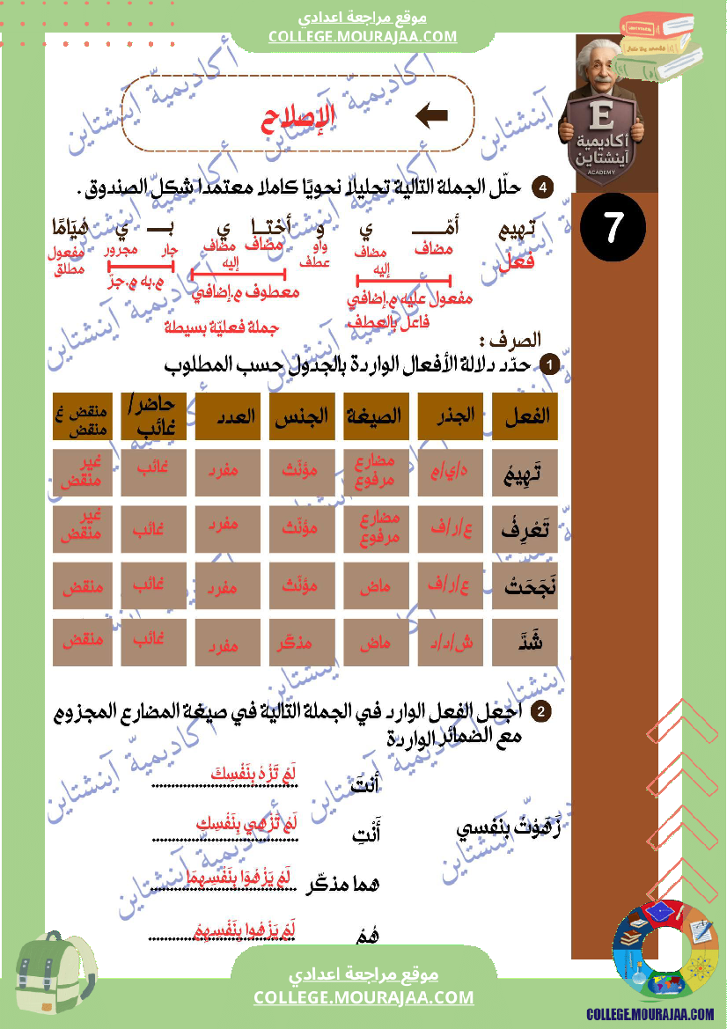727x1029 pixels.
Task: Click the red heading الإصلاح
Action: pyautogui.click(x=300, y=119)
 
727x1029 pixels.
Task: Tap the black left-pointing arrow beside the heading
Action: pyautogui.click(x=431, y=115)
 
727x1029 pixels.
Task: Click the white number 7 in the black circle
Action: pyautogui.click(x=613, y=228)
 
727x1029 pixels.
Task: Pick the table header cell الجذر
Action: pyautogui.click(x=452, y=415)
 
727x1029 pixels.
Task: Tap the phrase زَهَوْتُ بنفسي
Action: pyautogui.click(x=509, y=829)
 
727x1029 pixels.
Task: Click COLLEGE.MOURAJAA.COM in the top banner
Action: pyautogui.click(x=363, y=36)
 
